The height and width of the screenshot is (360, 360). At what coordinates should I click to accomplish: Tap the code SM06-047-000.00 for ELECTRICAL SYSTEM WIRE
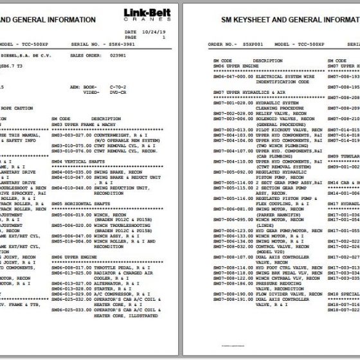click(x=233, y=75)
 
